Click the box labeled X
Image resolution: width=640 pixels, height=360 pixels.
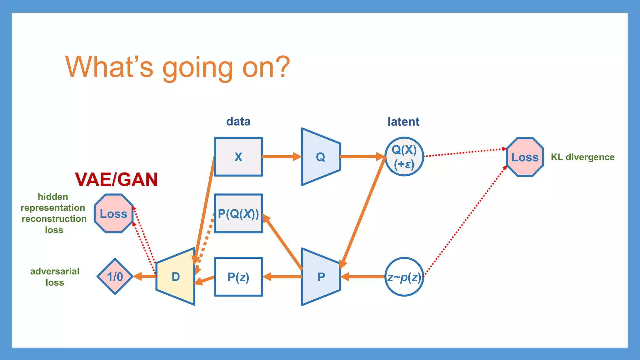(238, 157)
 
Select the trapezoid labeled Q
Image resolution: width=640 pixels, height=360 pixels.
(321, 157)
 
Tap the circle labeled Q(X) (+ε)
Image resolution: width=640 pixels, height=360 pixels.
(404, 157)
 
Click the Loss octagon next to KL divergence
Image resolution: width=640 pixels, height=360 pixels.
(525, 157)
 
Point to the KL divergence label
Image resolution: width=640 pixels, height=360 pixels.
(582, 157)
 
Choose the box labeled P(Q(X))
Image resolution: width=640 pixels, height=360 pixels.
(238, 214)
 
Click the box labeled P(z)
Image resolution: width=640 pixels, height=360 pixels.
(238, 277)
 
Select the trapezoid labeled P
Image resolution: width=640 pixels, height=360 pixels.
(321, 277)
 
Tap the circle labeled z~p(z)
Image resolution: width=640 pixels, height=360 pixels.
(404, 277)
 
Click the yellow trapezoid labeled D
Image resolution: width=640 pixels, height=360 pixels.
(176, 277)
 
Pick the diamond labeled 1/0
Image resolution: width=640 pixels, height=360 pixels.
(115, 277)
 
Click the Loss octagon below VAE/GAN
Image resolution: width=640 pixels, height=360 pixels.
(113, 214)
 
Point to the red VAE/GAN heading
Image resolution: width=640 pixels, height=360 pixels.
(116, 180)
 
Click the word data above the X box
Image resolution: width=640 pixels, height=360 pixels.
(238, 122)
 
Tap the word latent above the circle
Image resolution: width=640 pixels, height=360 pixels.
(403, 122)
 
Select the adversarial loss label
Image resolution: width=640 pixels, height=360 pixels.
(55, 277)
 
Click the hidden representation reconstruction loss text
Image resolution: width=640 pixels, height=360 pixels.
(53, 213)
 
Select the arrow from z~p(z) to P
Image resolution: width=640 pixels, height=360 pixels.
(362, 277)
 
